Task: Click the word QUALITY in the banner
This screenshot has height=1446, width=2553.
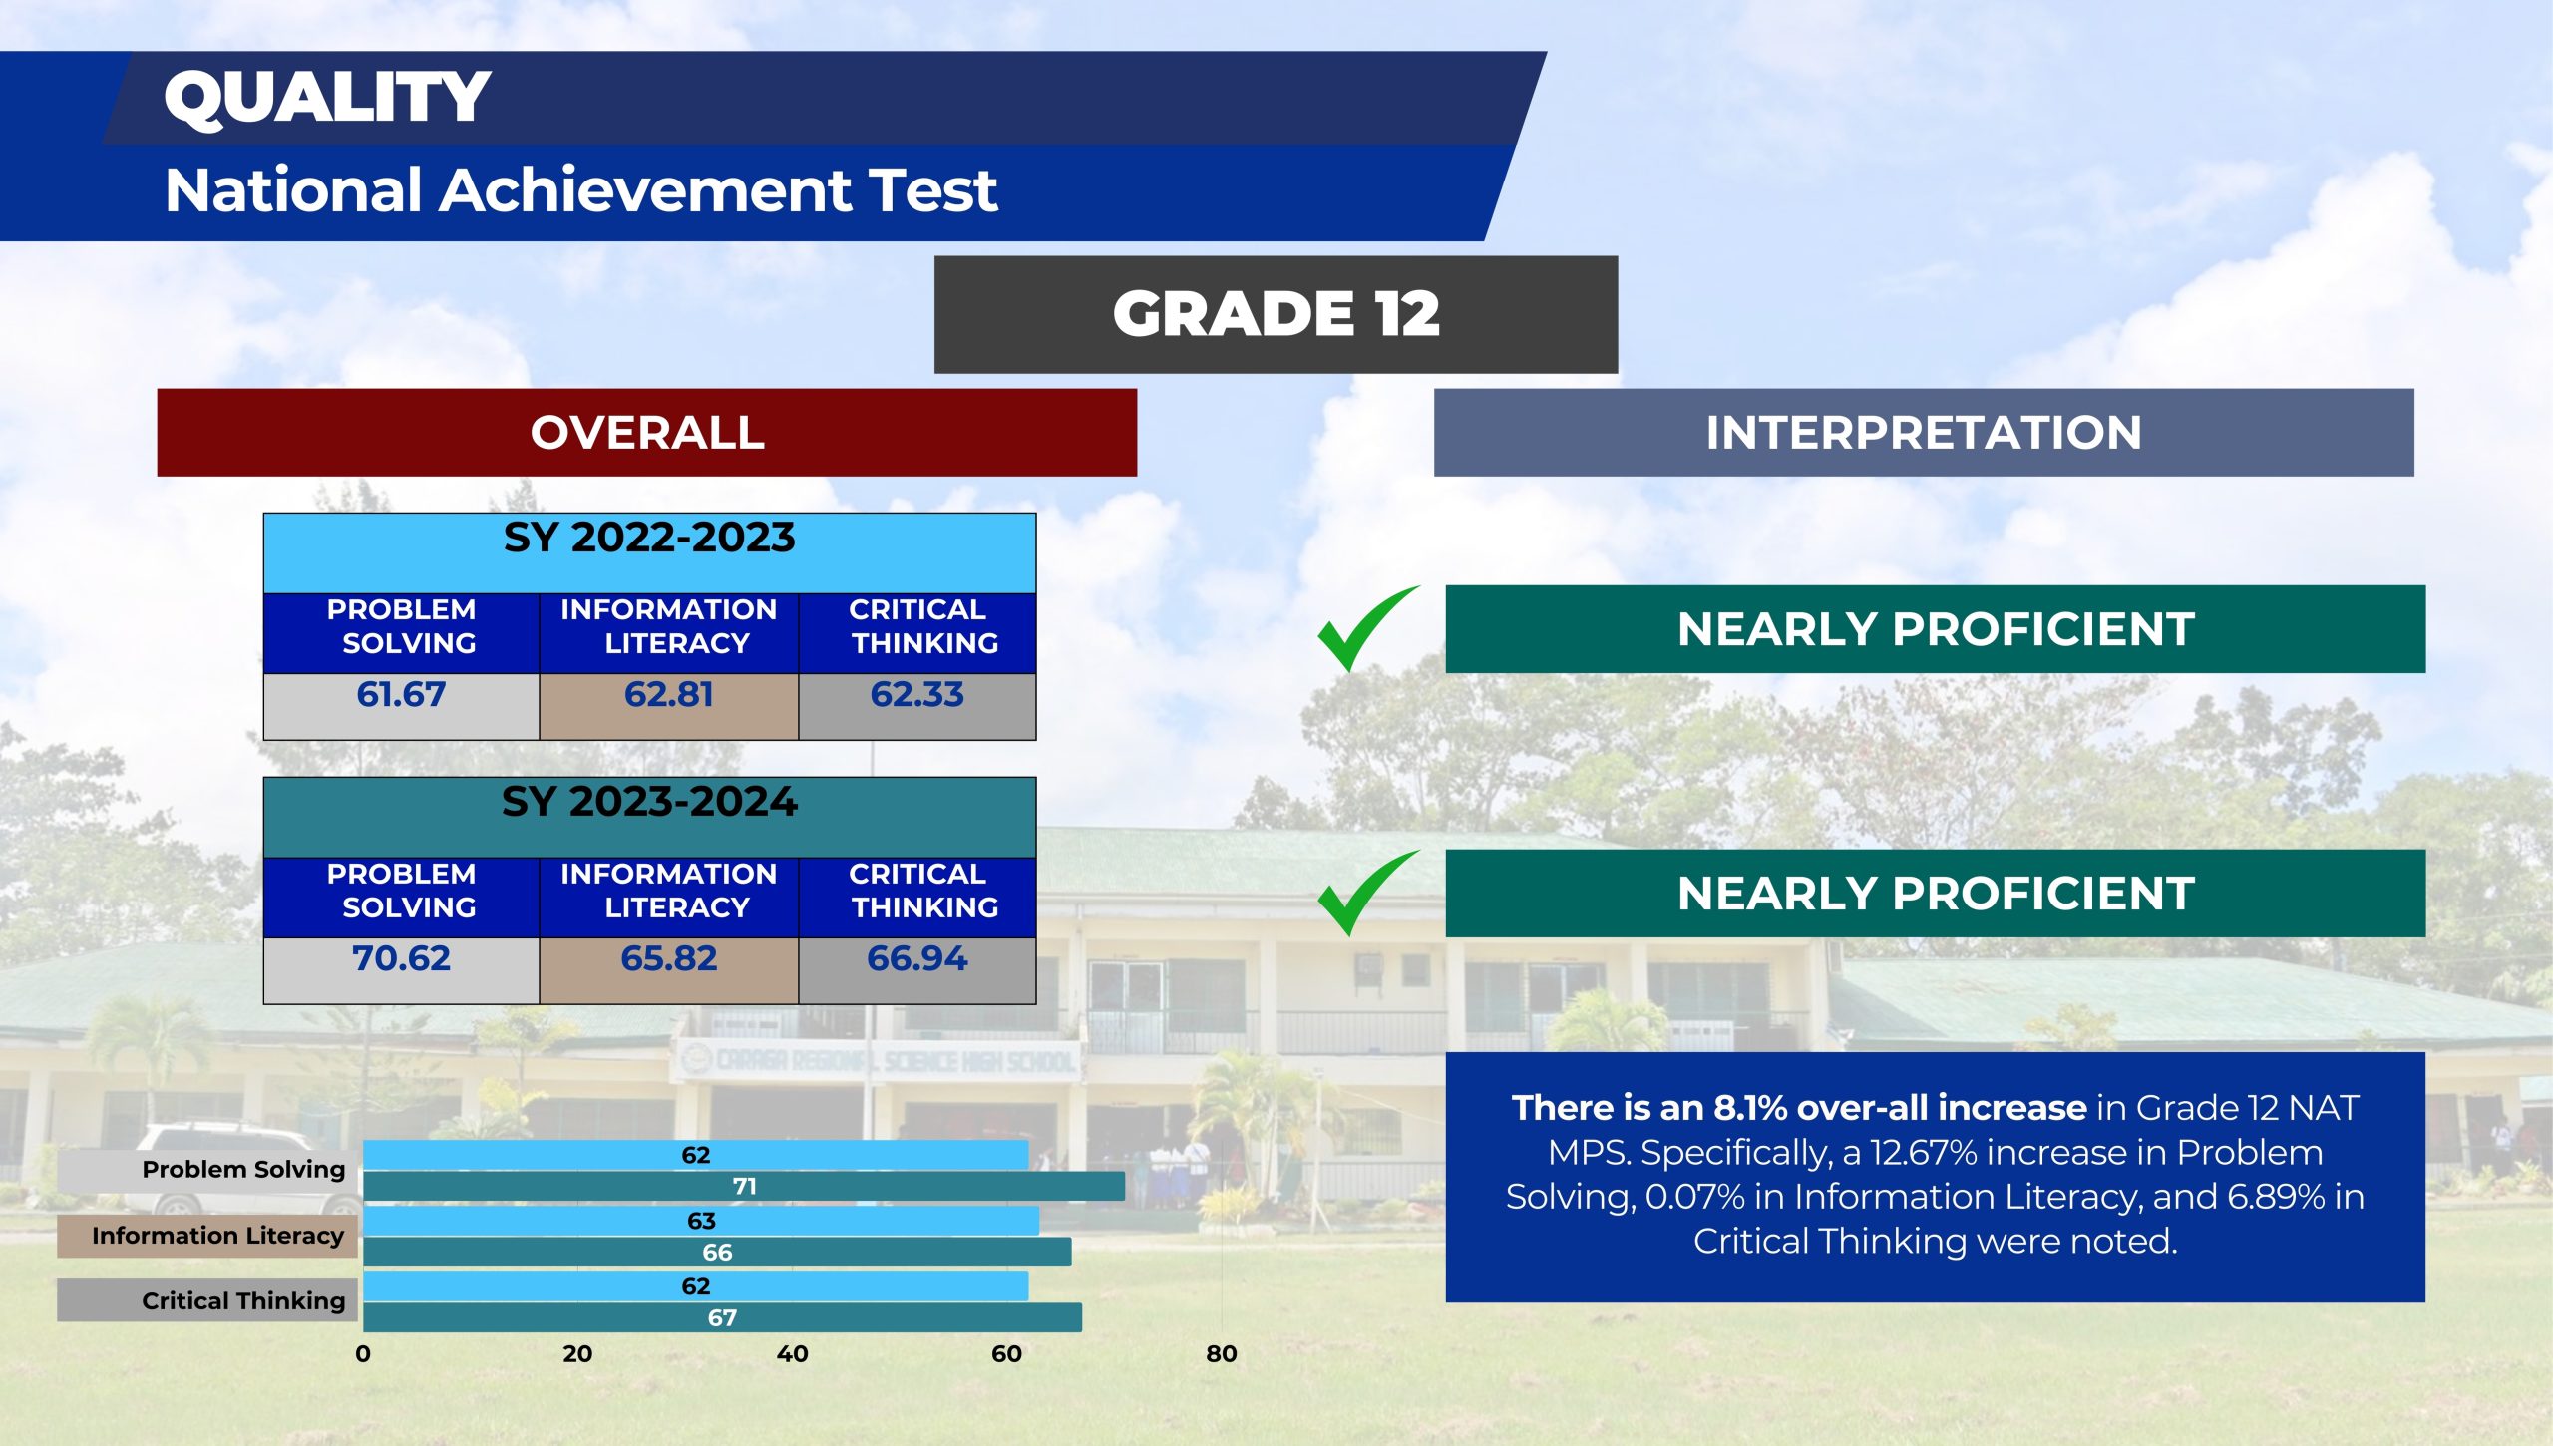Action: [327, 98]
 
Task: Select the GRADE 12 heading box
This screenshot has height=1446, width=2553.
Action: [1276, 314]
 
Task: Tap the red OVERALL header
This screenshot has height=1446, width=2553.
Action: [647, 432]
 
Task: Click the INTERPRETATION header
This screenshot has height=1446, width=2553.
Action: [1924, 432]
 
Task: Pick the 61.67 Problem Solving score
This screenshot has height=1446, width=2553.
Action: [401, 694]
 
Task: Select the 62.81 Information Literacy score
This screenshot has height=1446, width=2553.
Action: [669, 694]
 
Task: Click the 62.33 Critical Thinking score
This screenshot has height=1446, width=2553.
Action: [917, 694]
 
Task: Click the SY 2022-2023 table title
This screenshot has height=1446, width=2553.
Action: [649, 538]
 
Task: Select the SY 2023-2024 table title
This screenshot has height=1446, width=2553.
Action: [649, 802]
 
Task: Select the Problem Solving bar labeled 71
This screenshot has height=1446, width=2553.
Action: [744, 1187]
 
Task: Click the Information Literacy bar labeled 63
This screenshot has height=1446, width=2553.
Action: [701, 1221]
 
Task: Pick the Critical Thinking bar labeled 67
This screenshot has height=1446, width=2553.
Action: [722, 1317]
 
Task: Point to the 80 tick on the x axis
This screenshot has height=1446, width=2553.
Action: [1222, 1353]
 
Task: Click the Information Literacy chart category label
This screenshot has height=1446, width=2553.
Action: [217, 1236]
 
